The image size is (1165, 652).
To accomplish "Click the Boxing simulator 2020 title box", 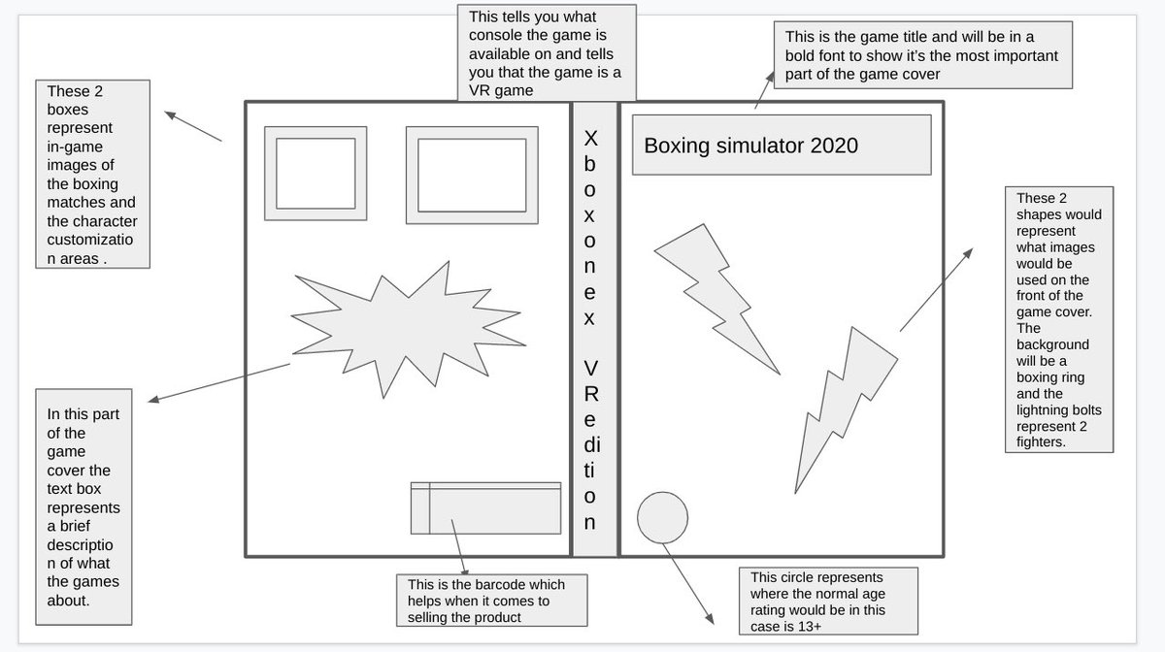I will [782, 145].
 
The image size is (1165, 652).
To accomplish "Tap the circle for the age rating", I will [662, 517].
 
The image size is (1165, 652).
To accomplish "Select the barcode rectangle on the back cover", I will [485, 507].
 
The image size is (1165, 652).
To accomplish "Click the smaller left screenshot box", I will [316, 173].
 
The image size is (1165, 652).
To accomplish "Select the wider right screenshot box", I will [473, 176].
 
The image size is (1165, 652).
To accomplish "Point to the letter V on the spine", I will [591, 368].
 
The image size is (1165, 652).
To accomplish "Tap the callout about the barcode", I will [492, 601].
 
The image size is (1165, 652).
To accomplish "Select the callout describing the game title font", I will [921, 55].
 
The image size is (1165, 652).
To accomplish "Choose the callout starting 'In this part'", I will [83, 505].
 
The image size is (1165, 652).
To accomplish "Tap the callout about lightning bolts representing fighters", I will [1059, 319].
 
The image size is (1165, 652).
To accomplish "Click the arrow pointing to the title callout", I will [765, 88].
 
